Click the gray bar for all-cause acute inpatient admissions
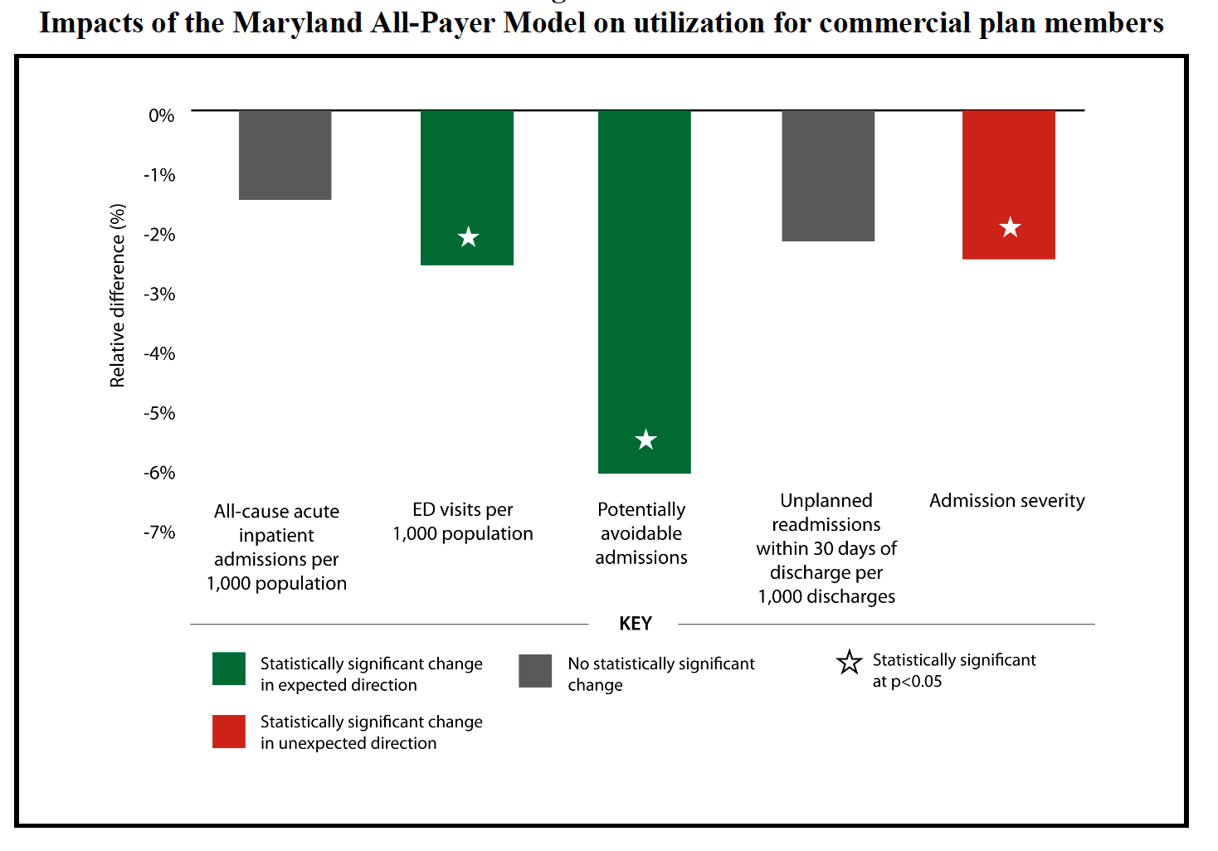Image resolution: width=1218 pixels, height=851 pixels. (x=285, y=155)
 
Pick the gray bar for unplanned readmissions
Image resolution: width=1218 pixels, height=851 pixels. (x=827, y=176)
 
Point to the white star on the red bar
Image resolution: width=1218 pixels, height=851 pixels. (x=1010, y=227)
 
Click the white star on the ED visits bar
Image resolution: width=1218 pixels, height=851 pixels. (x=469, y=237)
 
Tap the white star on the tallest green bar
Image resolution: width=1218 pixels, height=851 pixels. (x=646, y=440)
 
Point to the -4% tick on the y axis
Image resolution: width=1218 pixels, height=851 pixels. (x=159, y=354)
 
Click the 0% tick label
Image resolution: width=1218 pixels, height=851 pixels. (x=161, y=116)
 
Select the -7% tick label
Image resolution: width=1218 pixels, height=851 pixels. (x=159, y=532)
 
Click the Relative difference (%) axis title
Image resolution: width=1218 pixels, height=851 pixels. (x=118, y=295)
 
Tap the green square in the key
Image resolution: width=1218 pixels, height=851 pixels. (x=229, y=669)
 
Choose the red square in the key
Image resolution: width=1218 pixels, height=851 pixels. (x=229, y=732)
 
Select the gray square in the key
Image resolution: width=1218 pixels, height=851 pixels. (x=535, y=671)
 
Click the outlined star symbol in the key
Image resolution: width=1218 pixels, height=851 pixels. (x=849, y=663)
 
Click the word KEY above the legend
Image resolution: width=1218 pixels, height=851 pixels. (x=636, y=624)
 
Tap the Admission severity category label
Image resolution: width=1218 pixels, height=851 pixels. (x=1006, y=501)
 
